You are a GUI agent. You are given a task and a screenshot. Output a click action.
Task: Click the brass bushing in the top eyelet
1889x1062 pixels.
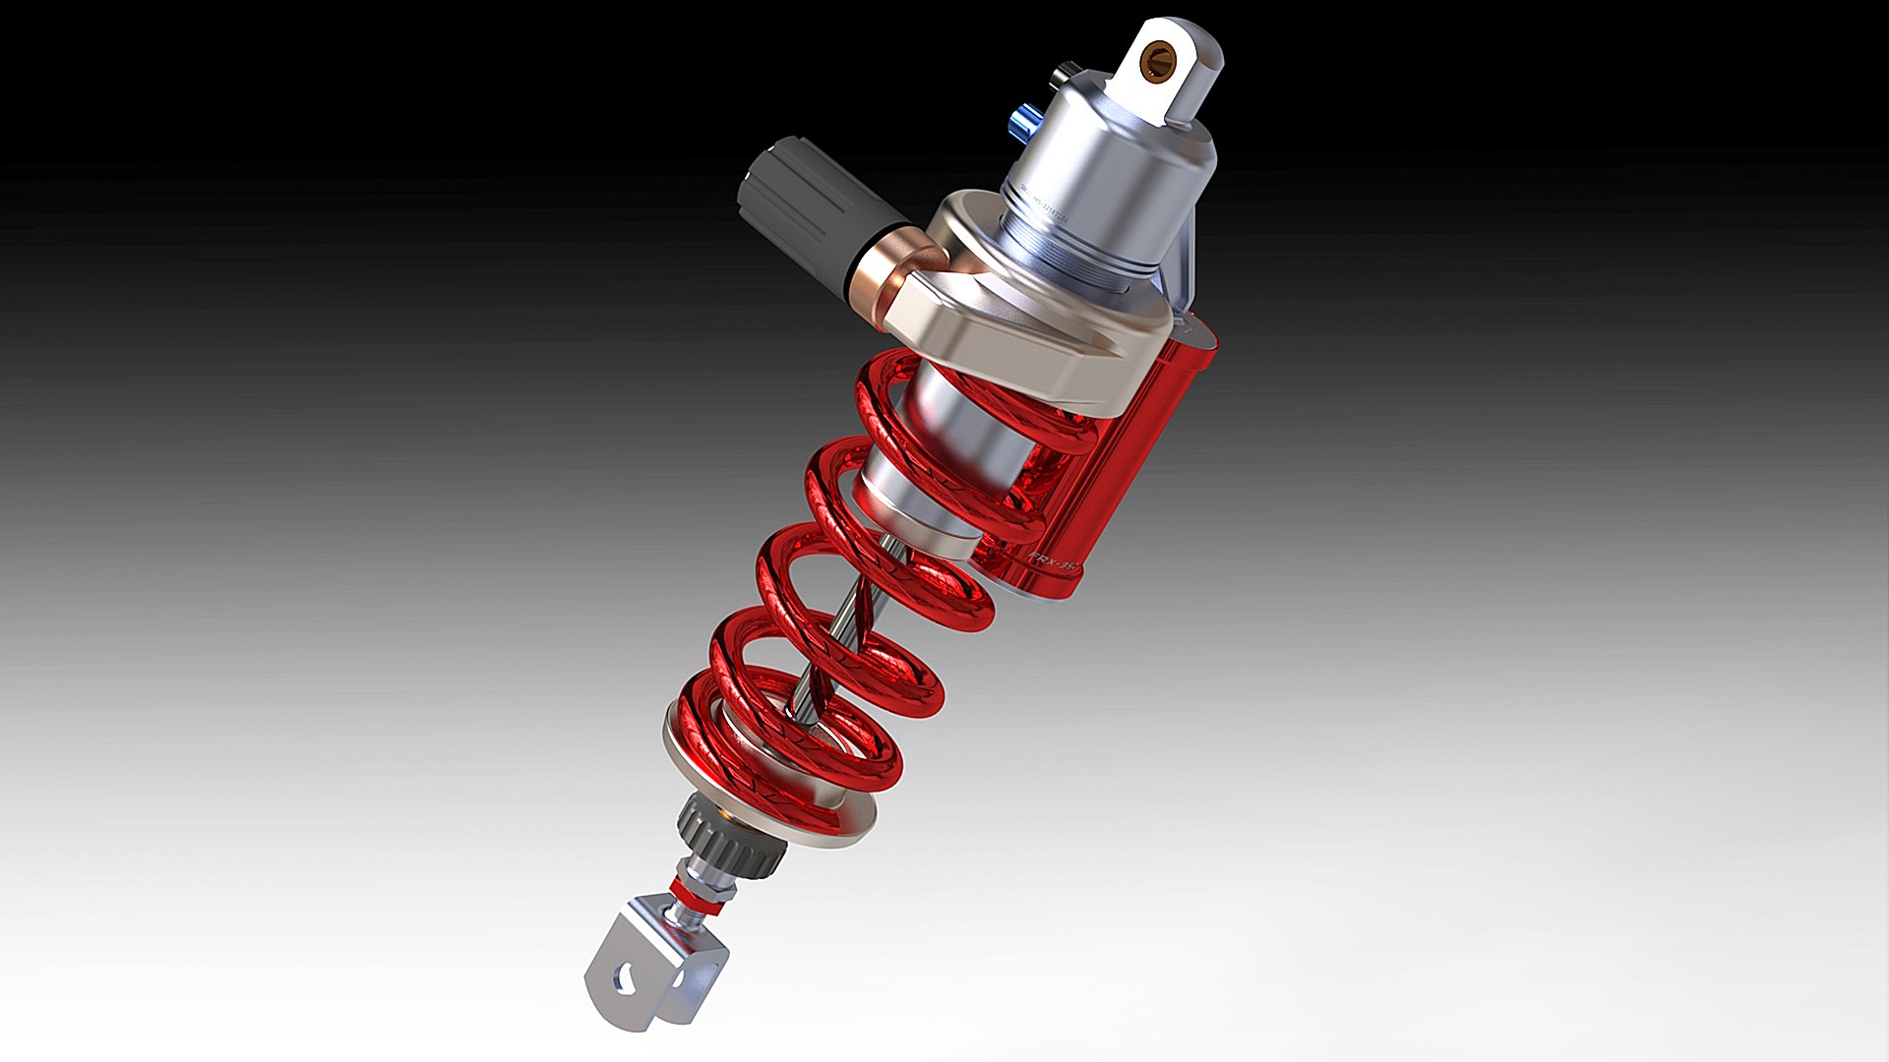tap(1159, 60)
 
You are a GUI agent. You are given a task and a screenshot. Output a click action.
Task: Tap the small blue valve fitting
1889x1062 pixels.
tap(1024, 123)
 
